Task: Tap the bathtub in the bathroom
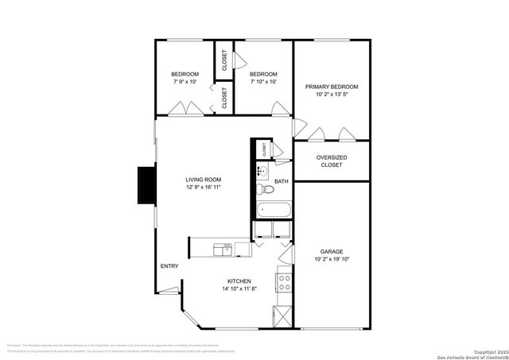pos(274,211)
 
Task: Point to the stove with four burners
pos(283,282)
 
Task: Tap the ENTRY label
pos(169,265)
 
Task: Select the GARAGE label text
pos(332,251)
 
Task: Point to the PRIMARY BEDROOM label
pos(332,87)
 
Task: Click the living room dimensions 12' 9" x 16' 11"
pos(204,188)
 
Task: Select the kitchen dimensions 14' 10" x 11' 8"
pos(239,288)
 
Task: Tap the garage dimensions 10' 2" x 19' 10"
pos(332,259)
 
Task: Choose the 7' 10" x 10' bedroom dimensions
pos(263,81)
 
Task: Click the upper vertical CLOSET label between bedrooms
pos(224,60)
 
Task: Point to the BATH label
pos(282,182)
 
